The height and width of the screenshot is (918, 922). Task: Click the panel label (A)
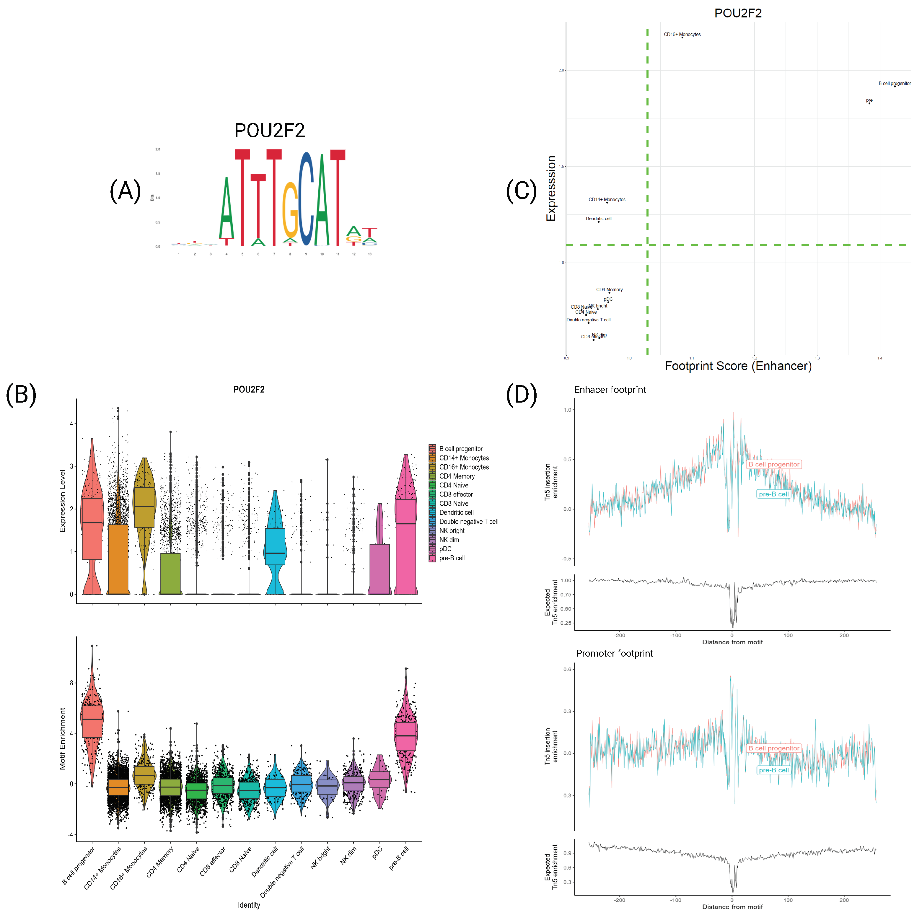pos(125,191)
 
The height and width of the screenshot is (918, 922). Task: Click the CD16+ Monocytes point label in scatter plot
pos(682,34)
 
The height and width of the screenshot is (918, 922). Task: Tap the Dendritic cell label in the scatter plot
pos(598,219)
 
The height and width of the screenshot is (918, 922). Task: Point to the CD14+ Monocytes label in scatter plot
pos(607,200)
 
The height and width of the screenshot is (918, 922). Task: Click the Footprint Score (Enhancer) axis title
pos(738,366)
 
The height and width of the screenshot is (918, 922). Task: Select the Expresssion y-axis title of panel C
pos(551,188)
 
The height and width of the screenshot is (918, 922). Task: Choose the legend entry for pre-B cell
pos(452,558)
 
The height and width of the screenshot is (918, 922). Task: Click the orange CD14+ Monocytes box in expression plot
pos(118,559)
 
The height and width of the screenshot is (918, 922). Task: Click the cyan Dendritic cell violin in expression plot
pos(275,547)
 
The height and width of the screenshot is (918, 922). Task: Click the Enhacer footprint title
pos(610,390)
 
